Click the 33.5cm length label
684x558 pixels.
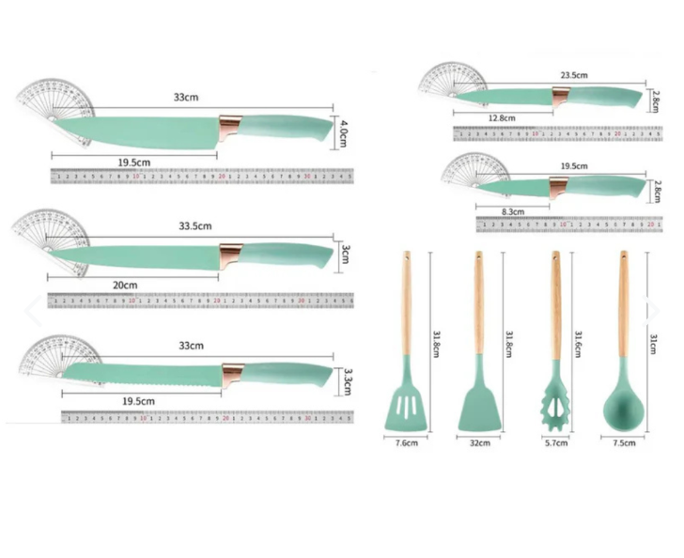click(195, 225)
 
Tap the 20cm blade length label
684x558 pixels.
click(126, 285)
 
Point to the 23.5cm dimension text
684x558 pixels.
click(573, 74)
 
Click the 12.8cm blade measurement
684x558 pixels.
click(504, 117)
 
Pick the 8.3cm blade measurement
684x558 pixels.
click(513, 212)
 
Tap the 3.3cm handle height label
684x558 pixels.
click(348, 380)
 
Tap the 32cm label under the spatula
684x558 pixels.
click(479, 442)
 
